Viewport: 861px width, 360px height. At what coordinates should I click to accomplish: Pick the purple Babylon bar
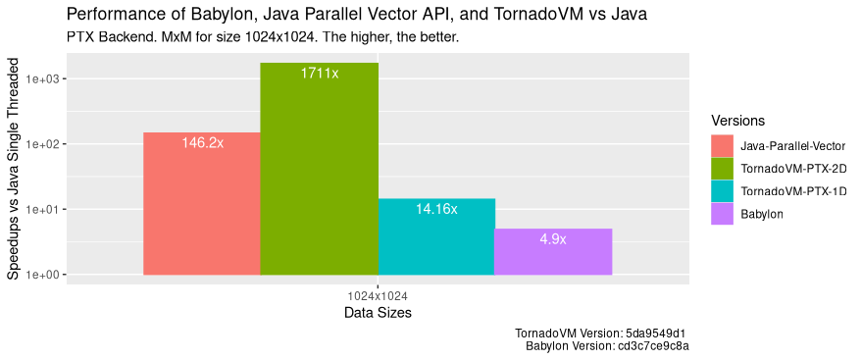(552, 255)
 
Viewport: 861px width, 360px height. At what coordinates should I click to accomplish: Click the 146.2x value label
(203, 143)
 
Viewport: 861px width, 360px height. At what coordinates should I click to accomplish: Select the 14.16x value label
(436, 209)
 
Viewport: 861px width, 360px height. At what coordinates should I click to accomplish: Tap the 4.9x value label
(553, 239)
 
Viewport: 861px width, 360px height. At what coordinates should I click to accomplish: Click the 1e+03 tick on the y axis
(46, 79)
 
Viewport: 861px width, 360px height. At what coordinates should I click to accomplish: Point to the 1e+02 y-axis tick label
(46, 144)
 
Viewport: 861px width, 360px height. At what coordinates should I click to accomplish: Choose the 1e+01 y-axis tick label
(46, 210)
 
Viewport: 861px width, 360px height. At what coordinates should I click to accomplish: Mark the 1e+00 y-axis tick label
(46, 276)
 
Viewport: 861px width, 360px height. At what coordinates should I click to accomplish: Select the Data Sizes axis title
(378, 314)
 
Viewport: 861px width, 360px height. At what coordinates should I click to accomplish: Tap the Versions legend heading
(737, 121)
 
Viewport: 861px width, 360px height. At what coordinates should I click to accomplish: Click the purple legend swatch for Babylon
(723, 213)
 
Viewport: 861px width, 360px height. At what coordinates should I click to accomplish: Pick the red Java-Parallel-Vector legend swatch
(723, 145)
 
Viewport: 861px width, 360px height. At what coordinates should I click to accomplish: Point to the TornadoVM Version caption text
(605, 333)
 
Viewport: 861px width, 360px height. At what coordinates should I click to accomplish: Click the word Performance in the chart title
(111, 15)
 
